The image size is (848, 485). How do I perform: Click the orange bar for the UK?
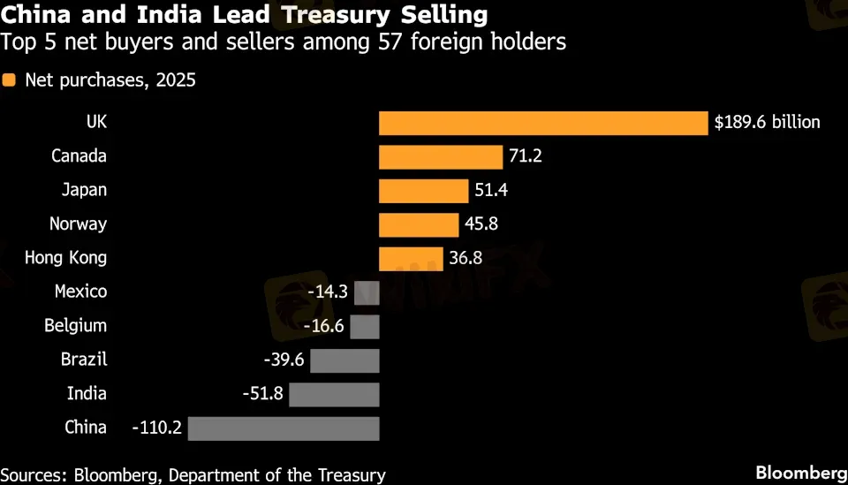[543, 123]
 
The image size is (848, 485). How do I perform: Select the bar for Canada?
[441, 157]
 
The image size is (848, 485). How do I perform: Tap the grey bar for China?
[284, 428]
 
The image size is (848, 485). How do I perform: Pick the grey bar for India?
[334, 394]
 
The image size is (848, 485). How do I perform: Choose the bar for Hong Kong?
[411, 259]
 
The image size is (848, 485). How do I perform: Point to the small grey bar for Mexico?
[367, 292]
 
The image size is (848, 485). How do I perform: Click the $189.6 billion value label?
[768, 123]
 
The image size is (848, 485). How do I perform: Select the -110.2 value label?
[157, 428]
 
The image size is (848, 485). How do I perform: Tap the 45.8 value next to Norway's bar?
[481, 224]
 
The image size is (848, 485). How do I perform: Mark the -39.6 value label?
[284, 360]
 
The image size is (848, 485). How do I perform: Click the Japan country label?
[84, 191]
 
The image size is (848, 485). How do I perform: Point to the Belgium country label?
[75, 326]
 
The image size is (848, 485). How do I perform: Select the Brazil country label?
[84, 360]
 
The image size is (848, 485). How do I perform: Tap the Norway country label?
[78, 224]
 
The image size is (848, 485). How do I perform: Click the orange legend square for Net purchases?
[9, 80]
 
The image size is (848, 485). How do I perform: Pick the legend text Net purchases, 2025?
[110, 80]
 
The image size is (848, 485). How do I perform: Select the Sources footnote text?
[193, 474]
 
